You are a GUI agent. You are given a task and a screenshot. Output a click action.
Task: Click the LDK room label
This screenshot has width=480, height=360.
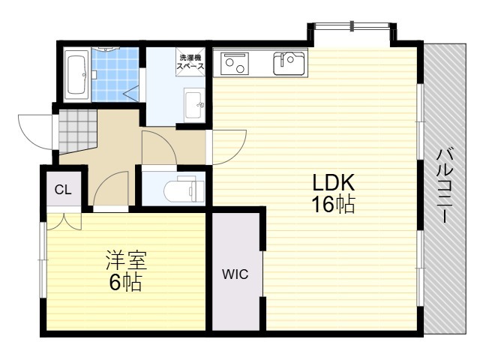click(x=333, y=183)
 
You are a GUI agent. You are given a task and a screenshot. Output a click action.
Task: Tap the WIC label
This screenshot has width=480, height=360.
click(x=235, y=274)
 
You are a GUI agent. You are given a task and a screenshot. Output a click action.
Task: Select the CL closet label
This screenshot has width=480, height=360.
click(x=63, y=190)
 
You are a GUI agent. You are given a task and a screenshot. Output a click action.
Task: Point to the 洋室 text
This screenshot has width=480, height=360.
click(x=127, y=260)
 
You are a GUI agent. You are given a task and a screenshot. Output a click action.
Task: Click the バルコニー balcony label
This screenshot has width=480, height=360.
click(x=445, y=185)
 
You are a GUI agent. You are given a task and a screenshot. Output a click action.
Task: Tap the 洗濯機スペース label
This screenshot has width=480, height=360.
click(x=190, y=61)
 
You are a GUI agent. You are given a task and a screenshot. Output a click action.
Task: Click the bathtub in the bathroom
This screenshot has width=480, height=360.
click(x=76, y=74)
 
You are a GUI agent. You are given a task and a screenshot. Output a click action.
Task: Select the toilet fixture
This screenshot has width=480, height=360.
click(x=184, y=190)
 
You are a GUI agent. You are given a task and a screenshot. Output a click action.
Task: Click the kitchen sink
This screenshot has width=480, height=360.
click(x=289, y=63)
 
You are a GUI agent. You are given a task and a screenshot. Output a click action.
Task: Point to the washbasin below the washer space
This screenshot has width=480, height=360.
click(x=194, y=105)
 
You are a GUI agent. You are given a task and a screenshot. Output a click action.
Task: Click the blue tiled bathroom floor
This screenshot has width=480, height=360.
click(x=115, y=74)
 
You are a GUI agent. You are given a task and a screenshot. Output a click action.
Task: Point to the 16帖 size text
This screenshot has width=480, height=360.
click(x=333, y=204)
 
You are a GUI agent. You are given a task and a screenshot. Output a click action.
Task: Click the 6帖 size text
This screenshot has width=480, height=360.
click(x=125, y=282)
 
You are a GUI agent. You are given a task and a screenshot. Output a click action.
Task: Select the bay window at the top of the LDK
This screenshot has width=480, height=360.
click(x=352, y=27)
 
